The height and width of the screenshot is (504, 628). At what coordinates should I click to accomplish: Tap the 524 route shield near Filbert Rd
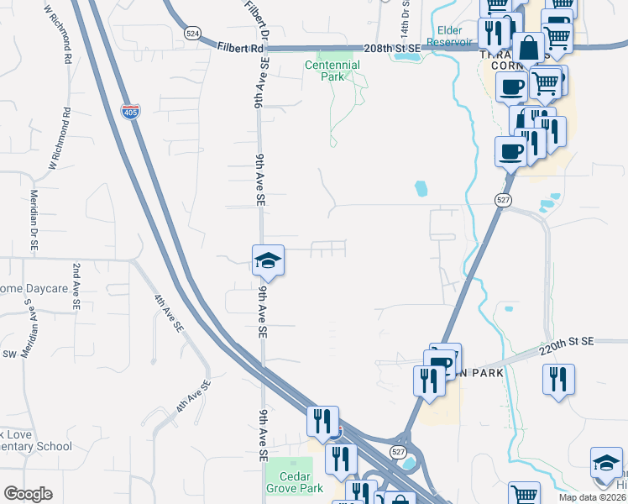(x=192, y=33)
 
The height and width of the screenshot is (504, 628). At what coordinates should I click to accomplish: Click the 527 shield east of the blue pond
(x=502, y=199)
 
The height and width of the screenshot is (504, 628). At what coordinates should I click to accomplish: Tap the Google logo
(x=28, y=493)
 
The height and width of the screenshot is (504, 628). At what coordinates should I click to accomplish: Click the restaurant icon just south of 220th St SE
(x=557, y=379)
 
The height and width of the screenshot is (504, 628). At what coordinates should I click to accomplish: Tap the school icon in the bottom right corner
(x=607, y=464)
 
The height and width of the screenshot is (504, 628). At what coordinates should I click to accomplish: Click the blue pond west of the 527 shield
(x=421, y=189)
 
